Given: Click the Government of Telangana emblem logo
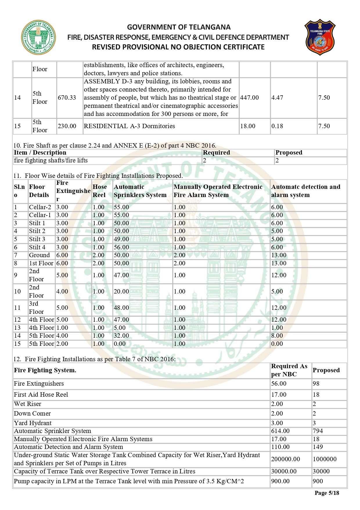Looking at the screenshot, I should tap(39, 37).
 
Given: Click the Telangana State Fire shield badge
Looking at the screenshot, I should tap(320, 37).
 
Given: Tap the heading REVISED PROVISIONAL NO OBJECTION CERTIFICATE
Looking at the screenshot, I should tap(178, 47).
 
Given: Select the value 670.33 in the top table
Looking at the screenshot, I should tap(67, 98).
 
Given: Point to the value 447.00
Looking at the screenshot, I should tap(249, 98).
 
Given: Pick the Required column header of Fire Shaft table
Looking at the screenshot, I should tap(216, 153).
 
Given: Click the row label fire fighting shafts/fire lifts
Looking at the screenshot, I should tap(51, 160).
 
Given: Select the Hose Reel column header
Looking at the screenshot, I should tap(100, 191).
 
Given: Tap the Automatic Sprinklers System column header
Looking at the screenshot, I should tap(140, 191).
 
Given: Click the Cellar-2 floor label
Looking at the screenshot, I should tap(40, 207).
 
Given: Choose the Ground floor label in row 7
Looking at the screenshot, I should tap(39, 255).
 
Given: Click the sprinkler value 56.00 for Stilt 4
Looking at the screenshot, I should tap(121, 247).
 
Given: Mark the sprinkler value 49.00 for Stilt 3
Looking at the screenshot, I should tap(121, 239).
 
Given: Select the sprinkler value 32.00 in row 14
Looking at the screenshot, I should tap(121, 336).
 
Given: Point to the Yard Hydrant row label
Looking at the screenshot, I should tap(33, 423).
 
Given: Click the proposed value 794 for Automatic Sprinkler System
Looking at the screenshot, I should tap(318, 431).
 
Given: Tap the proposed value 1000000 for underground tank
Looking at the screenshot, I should tap(325, 459).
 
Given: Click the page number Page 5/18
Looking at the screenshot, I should tap(327, 493).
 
